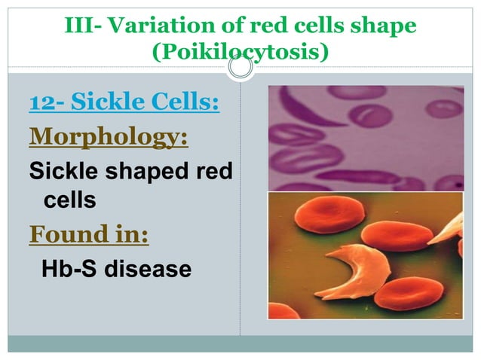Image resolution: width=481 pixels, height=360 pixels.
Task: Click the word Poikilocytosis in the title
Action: [240, 53]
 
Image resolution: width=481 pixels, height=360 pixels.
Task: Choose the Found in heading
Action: [88, 235]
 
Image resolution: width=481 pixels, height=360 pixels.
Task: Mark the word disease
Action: [149, 268]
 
